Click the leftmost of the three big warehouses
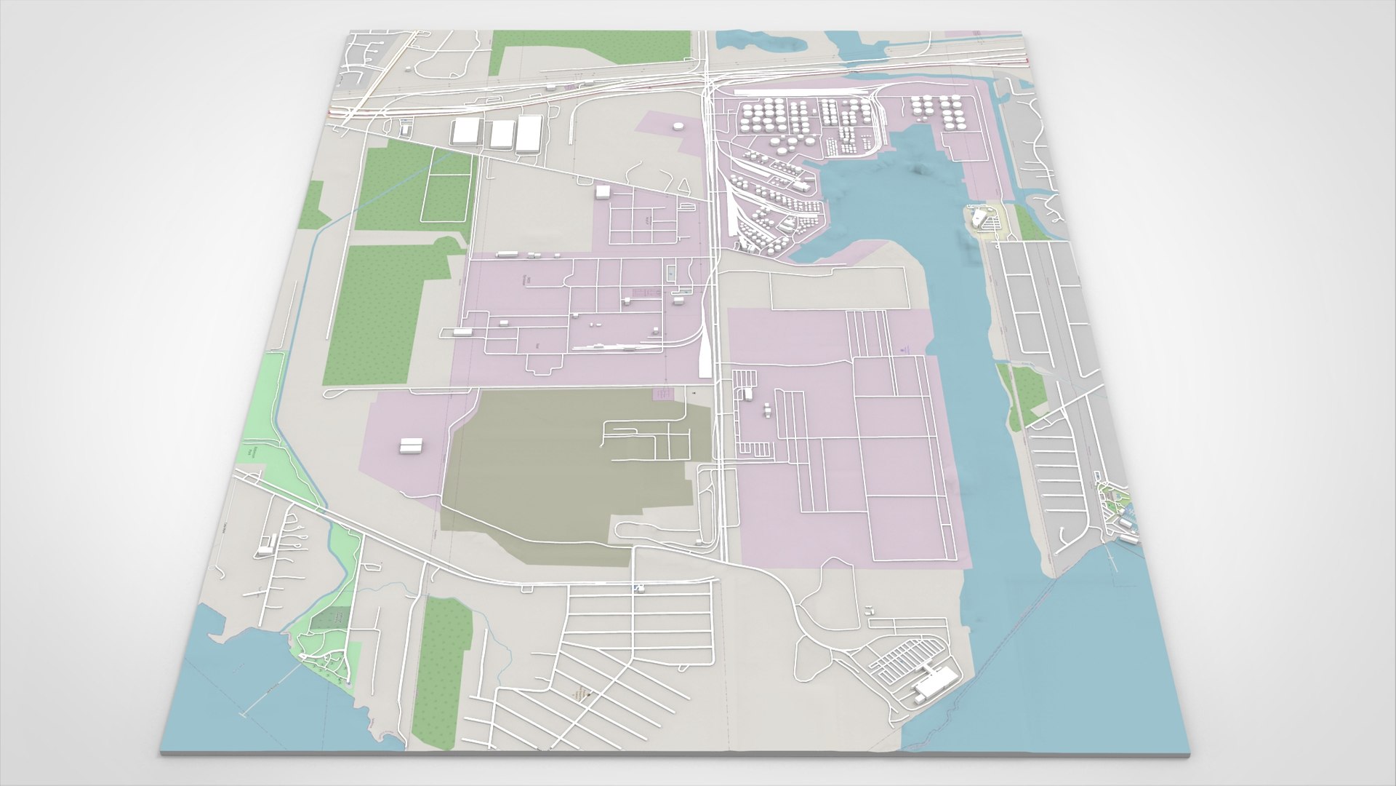[x=465, y=133]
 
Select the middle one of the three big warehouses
[x=500, y=135]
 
